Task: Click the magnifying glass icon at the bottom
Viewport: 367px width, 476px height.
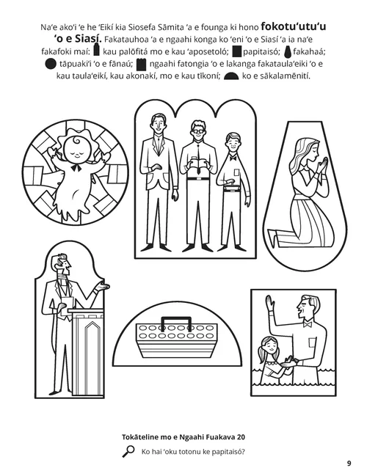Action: click(x=128, y=451)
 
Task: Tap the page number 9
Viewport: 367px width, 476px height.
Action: click(x=349, y=464)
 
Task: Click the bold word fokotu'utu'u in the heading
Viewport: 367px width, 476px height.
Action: click(x=294, y=26)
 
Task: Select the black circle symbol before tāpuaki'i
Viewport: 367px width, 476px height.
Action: click(x=51, y=64)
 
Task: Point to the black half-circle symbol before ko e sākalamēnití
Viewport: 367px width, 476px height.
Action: click(x=231, y=76)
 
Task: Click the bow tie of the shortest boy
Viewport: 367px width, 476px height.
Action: click(x=233, y=158)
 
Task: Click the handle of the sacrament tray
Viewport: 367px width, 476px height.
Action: click(x=176, y=323)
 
